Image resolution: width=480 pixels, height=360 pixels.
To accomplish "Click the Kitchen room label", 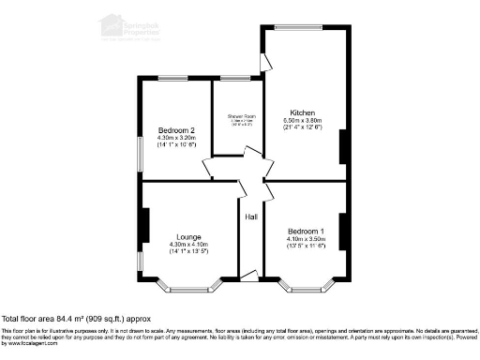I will (x=303, y=112).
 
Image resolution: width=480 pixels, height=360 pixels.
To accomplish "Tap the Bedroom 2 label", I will (x=176, y=129).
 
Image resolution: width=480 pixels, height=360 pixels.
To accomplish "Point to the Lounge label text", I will (x=188, y=237).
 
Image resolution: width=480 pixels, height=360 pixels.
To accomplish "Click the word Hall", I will (x=251, y=217).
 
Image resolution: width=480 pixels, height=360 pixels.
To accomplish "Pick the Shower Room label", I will (x=241, y=115).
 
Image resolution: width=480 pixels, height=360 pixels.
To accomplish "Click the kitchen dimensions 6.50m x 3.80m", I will (x=303, y=120).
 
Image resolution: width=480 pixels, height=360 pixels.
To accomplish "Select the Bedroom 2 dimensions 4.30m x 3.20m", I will (x=176, y=138).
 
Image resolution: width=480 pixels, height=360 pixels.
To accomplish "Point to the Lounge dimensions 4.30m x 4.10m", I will (x=188, y=245).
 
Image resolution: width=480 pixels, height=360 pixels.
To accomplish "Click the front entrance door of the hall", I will (x=249, y=275).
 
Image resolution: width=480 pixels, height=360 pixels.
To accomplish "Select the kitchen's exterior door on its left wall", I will (x=269, y=60).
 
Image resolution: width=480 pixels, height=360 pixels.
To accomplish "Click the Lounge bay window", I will (x=188, y=284).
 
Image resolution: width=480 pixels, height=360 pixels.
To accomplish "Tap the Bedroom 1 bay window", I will (x=306, y=284).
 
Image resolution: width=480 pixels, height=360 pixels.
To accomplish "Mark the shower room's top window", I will (x=234, y=77).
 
